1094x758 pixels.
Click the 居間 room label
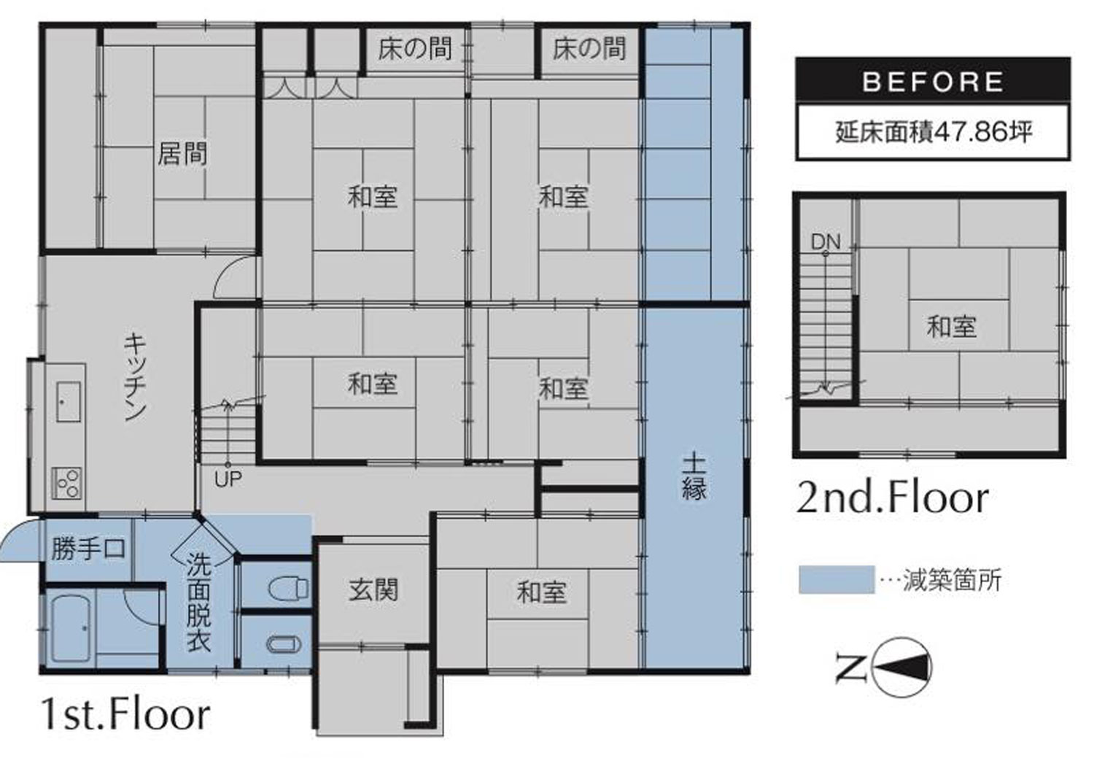(182, 154)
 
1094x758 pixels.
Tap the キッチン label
(135, 376)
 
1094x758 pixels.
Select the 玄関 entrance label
(373, 589)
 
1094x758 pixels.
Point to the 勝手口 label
(88, 549)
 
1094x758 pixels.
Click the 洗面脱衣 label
(199, 603)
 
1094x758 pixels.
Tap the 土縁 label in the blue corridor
(694, 478)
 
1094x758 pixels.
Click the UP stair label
(228, 479)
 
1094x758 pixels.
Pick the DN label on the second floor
(826, 241)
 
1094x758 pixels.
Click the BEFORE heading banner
(933, 82)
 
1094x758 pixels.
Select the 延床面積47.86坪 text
(934, 132)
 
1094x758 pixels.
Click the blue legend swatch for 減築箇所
(836, 580)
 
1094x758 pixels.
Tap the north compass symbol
(901, 667)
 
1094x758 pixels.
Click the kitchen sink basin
(69, 402)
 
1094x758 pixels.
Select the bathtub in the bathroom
(71, 630)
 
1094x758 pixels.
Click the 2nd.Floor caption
(892, 498)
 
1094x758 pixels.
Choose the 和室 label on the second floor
(951, 327)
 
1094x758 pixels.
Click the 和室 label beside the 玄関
(542, 592)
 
